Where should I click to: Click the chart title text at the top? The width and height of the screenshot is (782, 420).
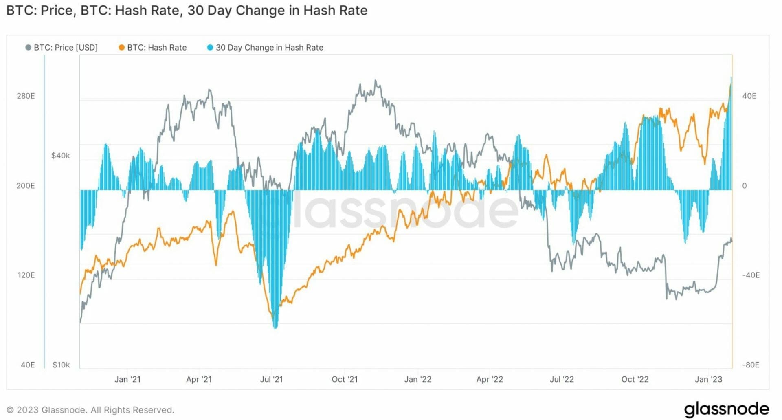(187, 10)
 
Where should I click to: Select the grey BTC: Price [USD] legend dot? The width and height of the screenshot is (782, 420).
(28, 48)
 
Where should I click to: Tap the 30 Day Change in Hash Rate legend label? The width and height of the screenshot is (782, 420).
(269, 48)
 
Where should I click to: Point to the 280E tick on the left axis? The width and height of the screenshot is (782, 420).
(26, 96)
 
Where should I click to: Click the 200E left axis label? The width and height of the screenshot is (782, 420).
(26, 186)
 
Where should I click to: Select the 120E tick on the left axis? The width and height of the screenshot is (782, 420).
(26, 275)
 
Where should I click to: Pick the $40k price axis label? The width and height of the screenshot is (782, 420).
(60, 156)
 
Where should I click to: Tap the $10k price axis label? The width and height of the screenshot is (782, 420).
(61, 365)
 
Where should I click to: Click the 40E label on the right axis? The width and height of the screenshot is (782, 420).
(749, 96)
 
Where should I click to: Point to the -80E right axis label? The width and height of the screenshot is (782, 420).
(751, 365)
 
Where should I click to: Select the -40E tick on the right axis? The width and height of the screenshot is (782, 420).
(751, 275)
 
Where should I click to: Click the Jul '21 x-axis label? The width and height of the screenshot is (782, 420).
(271, 379)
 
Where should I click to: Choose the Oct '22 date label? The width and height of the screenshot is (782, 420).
(635, 379)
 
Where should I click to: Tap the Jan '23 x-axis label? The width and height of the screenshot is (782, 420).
(708, 379)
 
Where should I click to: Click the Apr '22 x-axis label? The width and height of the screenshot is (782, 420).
(490, 379)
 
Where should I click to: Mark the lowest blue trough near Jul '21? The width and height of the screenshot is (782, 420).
(275, 327)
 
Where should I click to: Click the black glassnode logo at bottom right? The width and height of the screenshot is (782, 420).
(726, 409)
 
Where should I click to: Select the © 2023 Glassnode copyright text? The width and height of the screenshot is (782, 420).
(90, 410)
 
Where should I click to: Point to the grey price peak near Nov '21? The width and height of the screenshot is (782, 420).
(376, 81)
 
